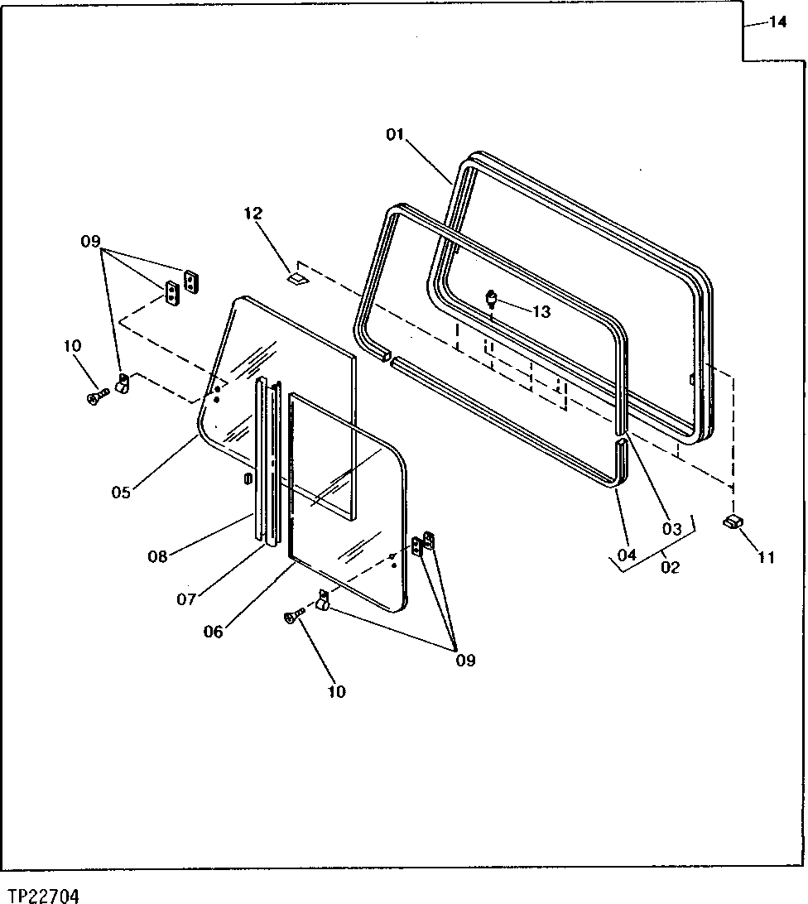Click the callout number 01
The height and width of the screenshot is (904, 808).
394,135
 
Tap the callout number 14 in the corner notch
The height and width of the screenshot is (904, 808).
777,22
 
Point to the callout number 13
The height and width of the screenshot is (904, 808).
541,311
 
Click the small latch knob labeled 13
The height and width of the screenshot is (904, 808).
492,297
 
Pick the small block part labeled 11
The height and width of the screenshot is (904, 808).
733,520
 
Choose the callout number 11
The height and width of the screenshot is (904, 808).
766,557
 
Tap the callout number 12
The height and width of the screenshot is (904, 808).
252,214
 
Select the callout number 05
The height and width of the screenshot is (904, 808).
122,493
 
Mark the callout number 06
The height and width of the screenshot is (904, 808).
214,631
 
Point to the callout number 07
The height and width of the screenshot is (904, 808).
188,599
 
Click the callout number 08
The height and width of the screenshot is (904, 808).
157,556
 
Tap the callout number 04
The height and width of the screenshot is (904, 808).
626,554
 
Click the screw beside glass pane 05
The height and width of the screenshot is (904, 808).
94,398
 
